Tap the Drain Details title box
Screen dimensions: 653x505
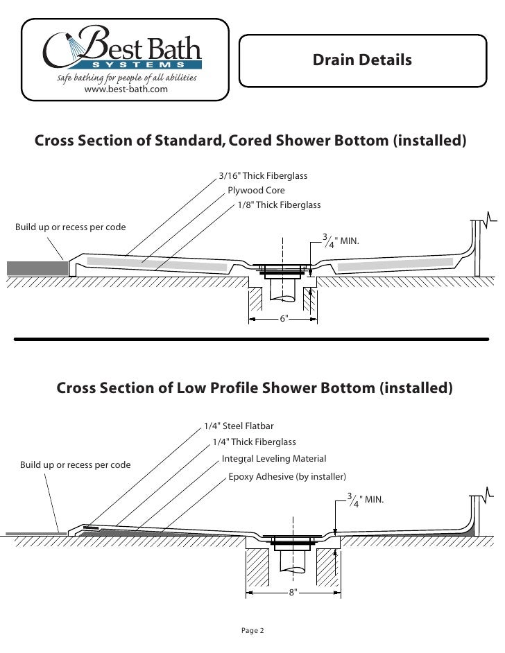coord(361,61)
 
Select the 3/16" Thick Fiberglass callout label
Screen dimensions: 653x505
coord(263,177)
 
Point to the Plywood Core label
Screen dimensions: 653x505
coord(256,191)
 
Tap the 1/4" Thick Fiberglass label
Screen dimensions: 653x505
coord(254,442)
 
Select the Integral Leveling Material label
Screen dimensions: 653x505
coord(273,459)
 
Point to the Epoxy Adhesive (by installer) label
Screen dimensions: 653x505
coord(286,478)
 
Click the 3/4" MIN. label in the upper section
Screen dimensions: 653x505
coord(342,241)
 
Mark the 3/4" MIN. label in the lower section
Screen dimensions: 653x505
coord(366,499)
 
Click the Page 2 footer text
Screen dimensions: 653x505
coord(252,630)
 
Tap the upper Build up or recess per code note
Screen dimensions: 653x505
coord(66,228)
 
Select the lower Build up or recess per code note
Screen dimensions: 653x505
coord(75,464)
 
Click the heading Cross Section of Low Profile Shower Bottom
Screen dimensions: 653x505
coord(254,387)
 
